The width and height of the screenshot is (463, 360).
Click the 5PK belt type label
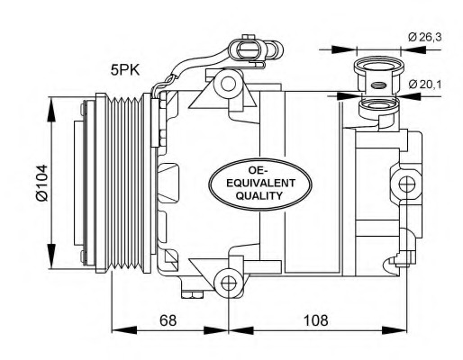pos(125,70)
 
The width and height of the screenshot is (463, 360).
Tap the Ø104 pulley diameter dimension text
pos(42,183)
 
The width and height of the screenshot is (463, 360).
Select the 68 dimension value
pos(168,320)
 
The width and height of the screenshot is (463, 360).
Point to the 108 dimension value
pos(316,320)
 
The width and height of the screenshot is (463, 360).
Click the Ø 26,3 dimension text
pos(424,37)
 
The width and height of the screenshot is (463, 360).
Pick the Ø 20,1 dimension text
pos(424,85)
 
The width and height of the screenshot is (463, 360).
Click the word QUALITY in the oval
pos(259,195)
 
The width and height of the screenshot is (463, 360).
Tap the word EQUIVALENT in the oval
pos(260,183)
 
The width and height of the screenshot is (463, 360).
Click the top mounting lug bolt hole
pos(228,84)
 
